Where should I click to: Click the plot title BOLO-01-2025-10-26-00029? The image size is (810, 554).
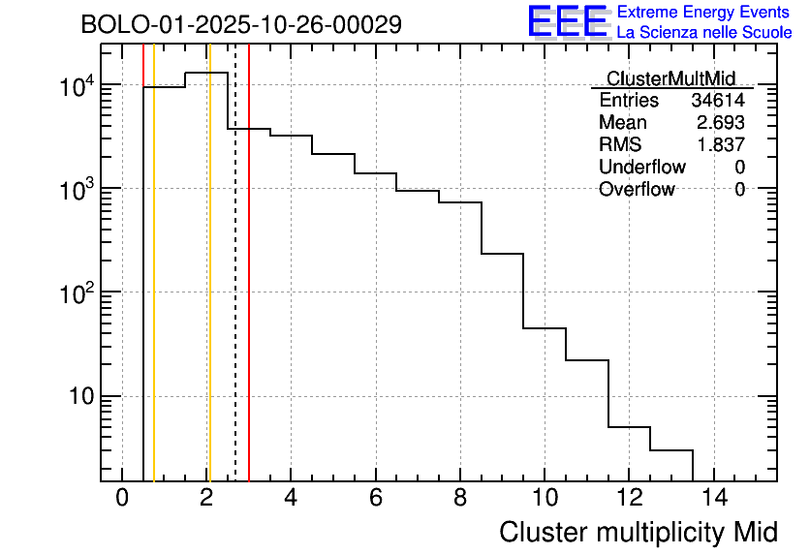click(241, 25)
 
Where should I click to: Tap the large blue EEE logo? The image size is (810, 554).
click(568, 21)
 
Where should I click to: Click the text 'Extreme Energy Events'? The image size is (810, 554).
click(704, 13)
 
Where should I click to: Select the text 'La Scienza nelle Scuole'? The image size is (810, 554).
click(704, 33)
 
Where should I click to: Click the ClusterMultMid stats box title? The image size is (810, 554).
click(670, 78)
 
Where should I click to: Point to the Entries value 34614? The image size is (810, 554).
click(718, 101)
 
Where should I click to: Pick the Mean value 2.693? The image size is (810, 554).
click(721, 123)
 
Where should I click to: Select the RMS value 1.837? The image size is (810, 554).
click(721, 145)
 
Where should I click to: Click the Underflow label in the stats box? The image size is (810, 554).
click(641, 168)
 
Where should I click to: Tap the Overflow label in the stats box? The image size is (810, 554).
click(637, 190)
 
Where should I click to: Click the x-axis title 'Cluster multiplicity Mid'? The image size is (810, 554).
click(639, 532)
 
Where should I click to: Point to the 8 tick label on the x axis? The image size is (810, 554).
click(460, 499)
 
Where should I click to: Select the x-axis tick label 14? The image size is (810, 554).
click(713, 499)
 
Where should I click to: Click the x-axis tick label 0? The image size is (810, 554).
click(122, 499)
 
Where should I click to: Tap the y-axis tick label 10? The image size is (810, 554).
click(79, 396)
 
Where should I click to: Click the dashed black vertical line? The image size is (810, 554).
click(235, 291)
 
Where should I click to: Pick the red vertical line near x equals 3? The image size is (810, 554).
click(249, 291)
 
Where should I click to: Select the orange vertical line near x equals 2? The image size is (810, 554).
click(208, 291)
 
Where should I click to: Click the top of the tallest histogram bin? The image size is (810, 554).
click(206, 73)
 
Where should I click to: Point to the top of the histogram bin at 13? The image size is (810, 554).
click(671, 450)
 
